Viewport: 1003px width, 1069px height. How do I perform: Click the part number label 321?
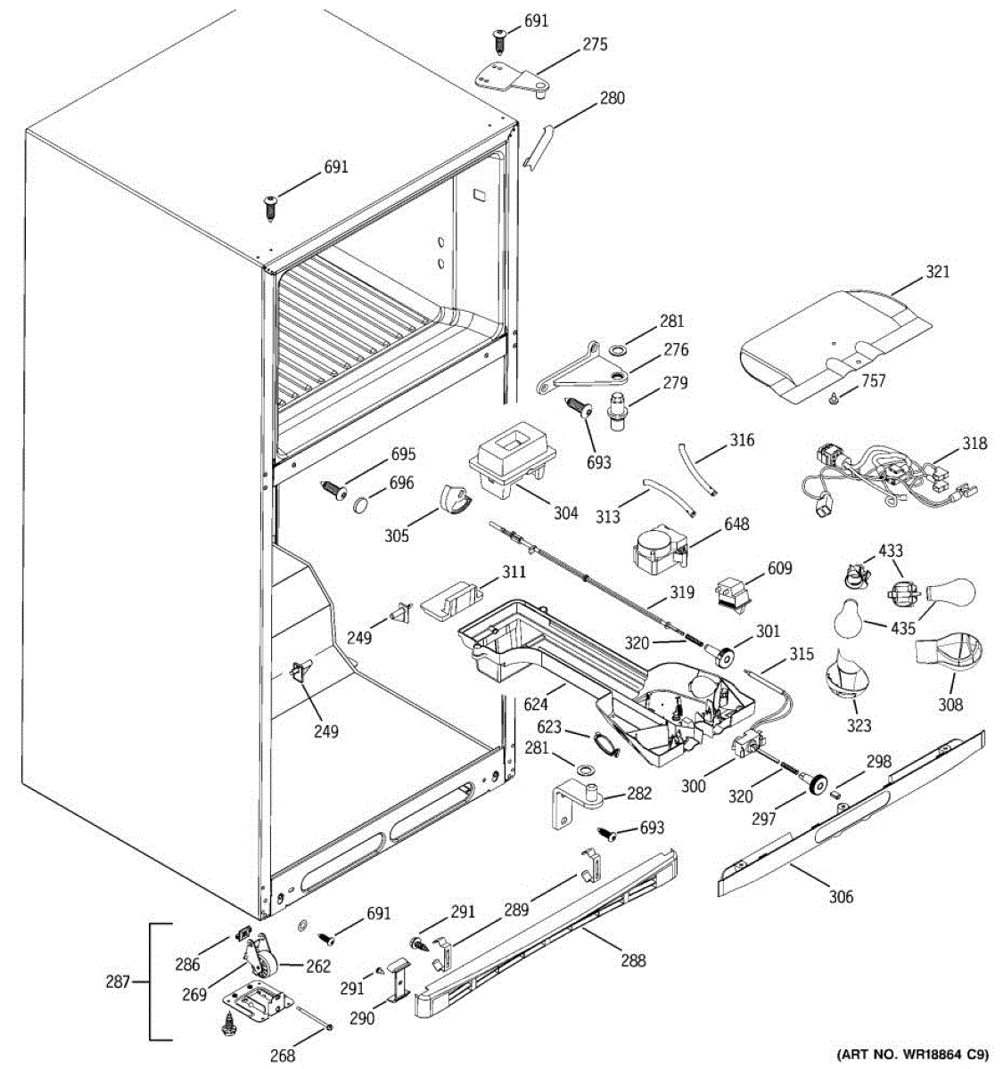(x=937, y=271)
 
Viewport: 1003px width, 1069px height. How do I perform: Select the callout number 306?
(x=840, y=896)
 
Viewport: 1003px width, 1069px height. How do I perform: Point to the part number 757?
(x=874, y=381)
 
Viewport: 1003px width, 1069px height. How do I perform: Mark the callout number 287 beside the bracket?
(x=117, y=983)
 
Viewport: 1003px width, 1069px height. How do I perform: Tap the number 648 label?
(x=736, y=524)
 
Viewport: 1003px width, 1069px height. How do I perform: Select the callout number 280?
(x=612, y=99)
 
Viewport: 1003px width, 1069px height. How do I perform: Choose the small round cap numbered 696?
(x=361, y=505)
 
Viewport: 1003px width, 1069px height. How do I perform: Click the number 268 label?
(x=283, y=1057)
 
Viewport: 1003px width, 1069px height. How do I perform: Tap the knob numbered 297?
(x=813, y=783)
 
